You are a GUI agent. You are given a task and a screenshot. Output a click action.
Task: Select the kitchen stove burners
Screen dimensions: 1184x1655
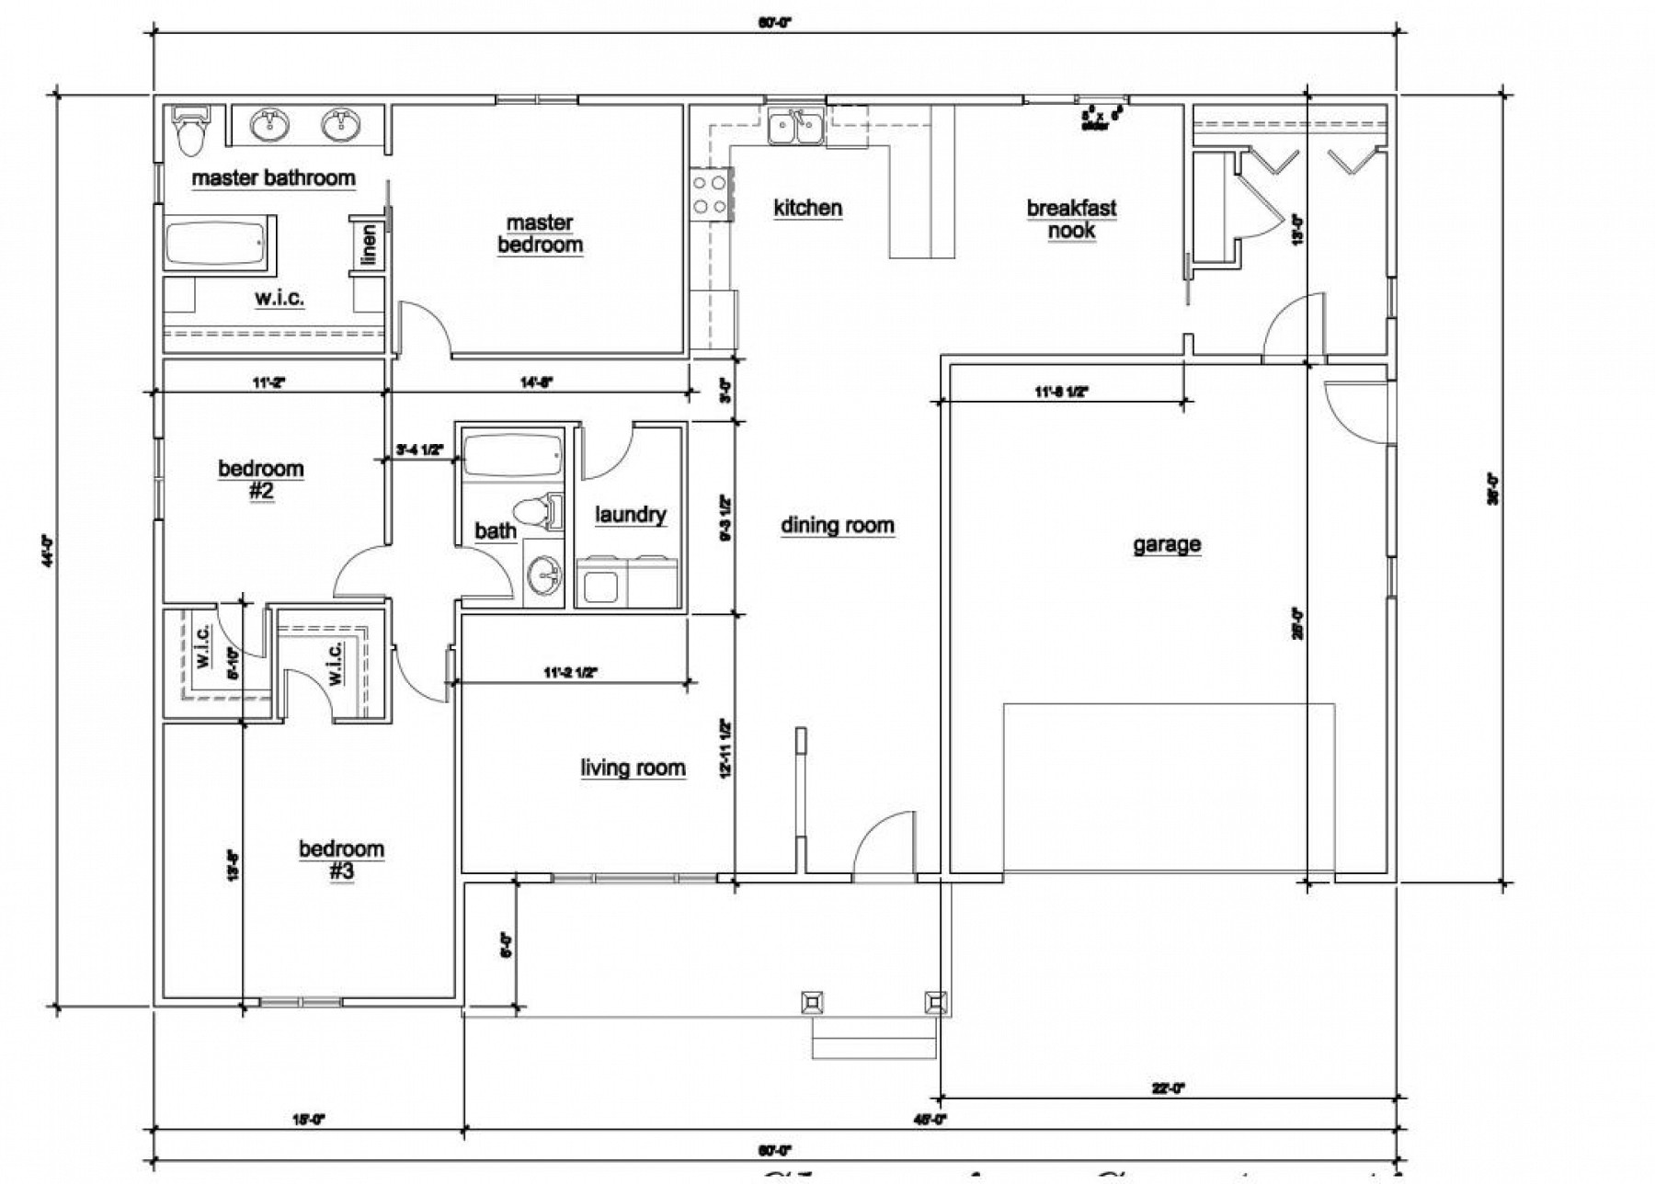(x=710, y=194)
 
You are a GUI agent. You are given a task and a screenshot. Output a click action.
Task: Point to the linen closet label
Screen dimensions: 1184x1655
(x=370, y=245)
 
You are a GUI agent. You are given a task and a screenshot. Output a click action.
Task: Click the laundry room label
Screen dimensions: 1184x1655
(x=630, y=514)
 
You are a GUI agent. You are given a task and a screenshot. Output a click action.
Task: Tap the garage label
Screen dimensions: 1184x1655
(x=1166, y=544)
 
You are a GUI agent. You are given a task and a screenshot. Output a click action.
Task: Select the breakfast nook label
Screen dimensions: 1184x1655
(x=1071, y=219)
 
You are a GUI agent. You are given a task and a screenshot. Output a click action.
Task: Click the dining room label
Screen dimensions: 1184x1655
(x=837, y=525)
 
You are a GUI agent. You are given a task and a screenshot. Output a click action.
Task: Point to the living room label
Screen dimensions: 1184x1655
(x=633, y=768)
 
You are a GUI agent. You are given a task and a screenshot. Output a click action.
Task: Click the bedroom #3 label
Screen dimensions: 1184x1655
(x=341, y=859)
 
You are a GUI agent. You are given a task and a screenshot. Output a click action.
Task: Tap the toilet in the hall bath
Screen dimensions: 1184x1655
(x=538, y=512)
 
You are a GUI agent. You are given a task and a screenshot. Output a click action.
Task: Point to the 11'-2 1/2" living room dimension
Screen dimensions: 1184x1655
(x=571, y=673)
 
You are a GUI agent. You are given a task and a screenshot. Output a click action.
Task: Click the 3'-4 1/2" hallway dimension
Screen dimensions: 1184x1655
(x=419, y=450)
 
